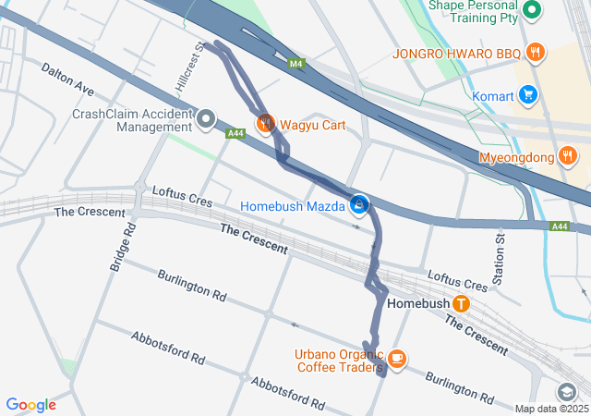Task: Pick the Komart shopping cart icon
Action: [528, 93]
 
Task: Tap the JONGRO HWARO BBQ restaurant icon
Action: [534, 52]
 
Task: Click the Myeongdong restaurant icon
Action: [569, 156]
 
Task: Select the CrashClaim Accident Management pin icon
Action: [205, 119]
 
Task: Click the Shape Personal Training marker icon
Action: [532, 11]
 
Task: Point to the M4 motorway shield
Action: [295, 64]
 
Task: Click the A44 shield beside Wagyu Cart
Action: [235, 134]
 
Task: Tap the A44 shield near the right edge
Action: [560, 226]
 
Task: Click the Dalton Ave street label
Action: [67, 79]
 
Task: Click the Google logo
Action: [30, 405]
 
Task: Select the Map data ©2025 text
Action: [550, 409]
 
